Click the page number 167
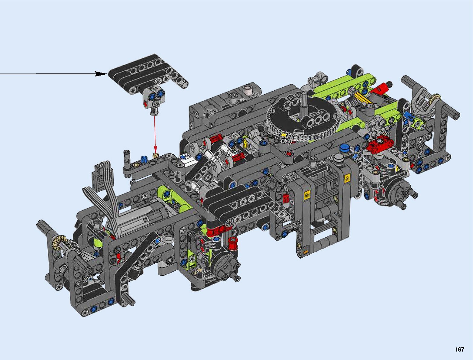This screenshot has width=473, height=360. point(460,349)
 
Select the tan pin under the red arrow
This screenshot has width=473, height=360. point(155,155)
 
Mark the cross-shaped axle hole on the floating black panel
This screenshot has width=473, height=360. point(133,91)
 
